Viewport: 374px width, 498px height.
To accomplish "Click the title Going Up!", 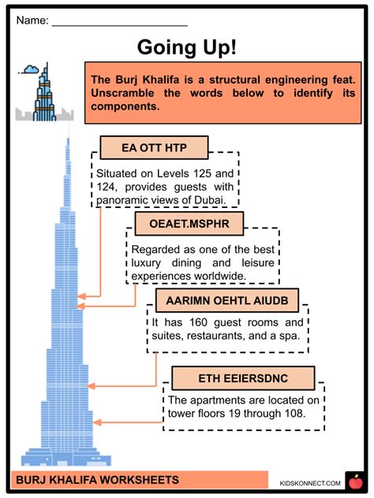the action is click(187, 47).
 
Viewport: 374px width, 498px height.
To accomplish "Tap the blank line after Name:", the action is click(120, 25).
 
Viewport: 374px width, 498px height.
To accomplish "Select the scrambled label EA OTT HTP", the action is click(154, 147).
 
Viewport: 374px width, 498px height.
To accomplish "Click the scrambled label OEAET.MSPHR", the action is click(189, 224).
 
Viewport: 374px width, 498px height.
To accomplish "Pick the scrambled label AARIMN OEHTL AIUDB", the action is click(227, 300).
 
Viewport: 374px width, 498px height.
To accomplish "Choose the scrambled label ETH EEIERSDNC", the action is click(243, 378).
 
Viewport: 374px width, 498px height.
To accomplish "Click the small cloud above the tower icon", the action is click(32, 69).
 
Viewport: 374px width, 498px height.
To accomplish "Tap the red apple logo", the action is click(355, 482).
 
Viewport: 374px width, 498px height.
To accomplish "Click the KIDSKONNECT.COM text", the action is click(310, 483).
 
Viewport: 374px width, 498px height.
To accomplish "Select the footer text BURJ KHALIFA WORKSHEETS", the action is click(97, 480).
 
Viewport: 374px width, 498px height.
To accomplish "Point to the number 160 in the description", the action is click(199, 322).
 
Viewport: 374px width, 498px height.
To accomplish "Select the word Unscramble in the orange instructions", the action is click(122, 93).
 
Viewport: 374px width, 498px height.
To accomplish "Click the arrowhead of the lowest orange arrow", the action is click(97, 422).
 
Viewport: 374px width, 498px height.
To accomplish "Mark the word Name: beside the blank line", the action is click(32, 20).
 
